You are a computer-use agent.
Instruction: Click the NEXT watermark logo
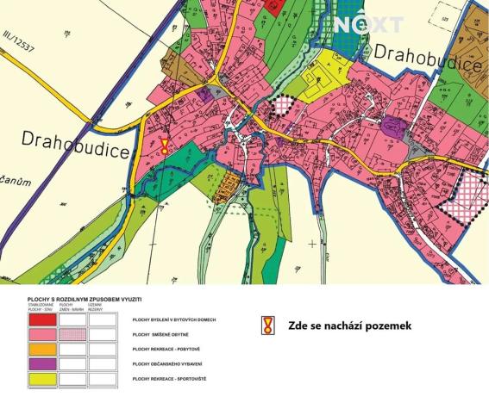coord(368,24)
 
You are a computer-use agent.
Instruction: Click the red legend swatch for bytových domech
coord(42,319)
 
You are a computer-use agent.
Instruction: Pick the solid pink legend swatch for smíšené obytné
coord(42,334)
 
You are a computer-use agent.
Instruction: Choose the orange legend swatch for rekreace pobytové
coord(42,349)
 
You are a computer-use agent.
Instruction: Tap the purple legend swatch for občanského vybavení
coord(42,363)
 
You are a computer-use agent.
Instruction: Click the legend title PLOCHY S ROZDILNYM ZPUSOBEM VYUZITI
coord(85,299)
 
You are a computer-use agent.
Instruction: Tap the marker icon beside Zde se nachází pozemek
coord(267,325)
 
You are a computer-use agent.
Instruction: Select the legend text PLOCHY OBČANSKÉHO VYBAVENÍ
coord(171,363)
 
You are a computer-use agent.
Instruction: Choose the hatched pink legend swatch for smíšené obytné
coord(72,334)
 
